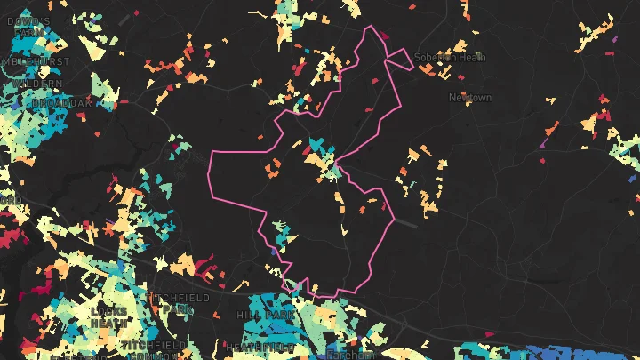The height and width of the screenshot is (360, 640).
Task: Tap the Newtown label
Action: tap(469, 97)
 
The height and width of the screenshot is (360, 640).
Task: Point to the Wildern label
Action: tap(36, 83)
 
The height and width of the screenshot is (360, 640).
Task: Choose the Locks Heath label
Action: tap(108, 317)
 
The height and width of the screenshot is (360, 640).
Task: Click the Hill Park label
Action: tap(259, 316)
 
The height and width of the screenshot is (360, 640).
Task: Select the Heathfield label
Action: tap(260, 346)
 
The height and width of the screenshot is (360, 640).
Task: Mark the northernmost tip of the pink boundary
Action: tap(371, 26)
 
